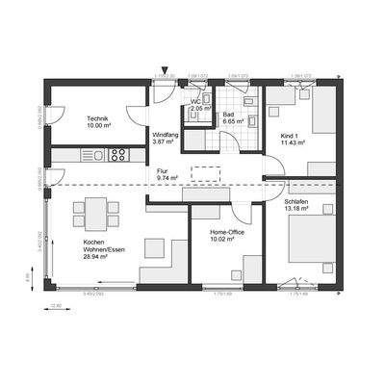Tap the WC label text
pyautogui.click(x=195, y=100)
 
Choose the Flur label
pyautogui.click(x=163, y=170)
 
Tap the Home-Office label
pyautogui.click(x=226, y=232)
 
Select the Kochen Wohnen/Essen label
pyautogui.click(x=99, y=246)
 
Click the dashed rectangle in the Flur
pyautogui.click(x=207, y=174)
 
